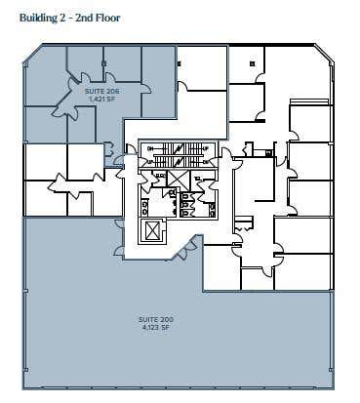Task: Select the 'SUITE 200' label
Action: tap(155, 320)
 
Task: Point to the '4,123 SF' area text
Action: tap(155, 328)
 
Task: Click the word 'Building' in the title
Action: tap(38, 18)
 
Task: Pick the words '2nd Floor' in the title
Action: tap(98, 18)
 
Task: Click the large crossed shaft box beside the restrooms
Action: tap(178, 180)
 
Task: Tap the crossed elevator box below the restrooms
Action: tap(152, 230)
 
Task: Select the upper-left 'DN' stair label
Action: tap(150, 148)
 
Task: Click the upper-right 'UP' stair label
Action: tap(206, 148)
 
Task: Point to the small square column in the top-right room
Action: tap(253, 63)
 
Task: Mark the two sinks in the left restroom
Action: tap(144, 208)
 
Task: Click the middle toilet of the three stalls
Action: tap(184, 205)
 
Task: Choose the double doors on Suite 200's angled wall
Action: tap(187, 248)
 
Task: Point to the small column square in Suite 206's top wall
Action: tap(103, 63)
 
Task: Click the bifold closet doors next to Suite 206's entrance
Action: tap(109, 149)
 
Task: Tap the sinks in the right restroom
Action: tap(213, 210)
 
